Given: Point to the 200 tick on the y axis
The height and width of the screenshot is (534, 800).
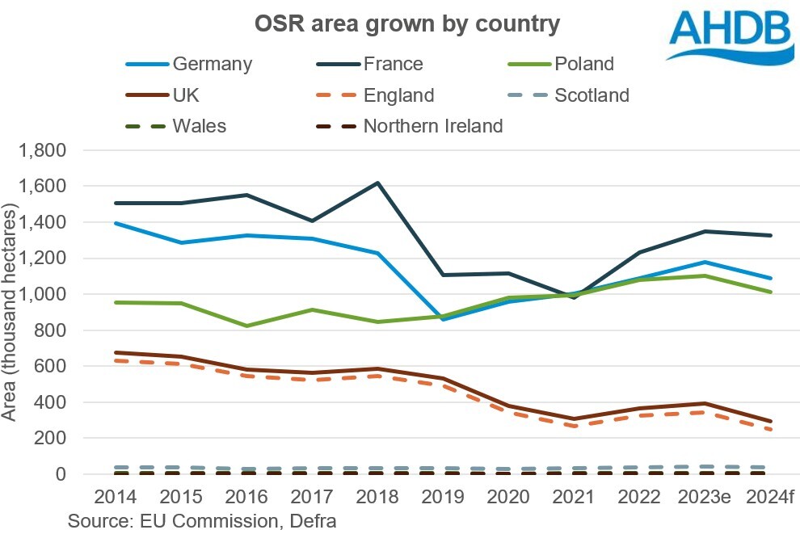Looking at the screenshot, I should tap(52, 439).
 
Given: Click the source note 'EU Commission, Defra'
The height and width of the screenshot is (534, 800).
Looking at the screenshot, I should tap(202, 520).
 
